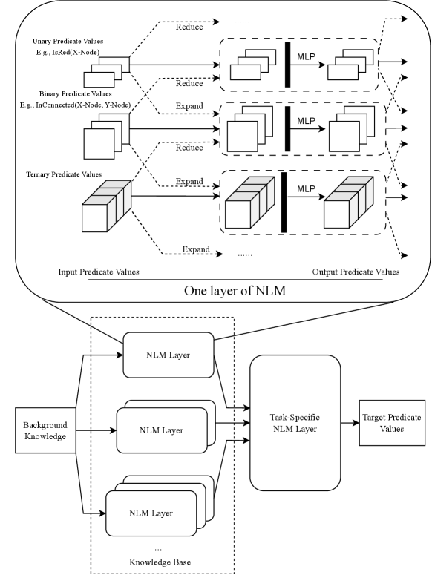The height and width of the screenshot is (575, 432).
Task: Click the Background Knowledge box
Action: click(45, 430)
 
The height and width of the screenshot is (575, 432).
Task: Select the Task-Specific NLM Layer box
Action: click(295, 423)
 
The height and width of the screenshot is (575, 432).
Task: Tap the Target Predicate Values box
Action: click(392, 423)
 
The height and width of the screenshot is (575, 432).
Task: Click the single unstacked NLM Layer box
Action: click(168, 355)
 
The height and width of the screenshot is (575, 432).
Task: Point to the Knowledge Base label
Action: click(160, 562)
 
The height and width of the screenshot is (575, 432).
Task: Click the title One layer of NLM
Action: click(235, 291)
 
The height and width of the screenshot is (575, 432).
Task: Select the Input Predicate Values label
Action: click(99, 272)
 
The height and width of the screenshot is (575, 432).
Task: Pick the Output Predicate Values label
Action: click(356, 272)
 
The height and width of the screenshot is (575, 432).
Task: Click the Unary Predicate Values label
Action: click(68, 41)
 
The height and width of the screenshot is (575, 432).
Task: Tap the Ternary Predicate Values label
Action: click(64, 174)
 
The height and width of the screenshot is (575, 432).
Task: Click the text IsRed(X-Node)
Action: click(76, 53)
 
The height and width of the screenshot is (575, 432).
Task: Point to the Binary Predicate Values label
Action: click(75, 94)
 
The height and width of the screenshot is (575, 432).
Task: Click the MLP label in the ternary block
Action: click(307, 189)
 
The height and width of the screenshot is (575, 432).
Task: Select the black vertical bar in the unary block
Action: click(287, 65)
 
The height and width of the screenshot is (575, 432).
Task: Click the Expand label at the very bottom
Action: click(196, 249)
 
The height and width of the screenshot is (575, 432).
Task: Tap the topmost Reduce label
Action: click(189, 27)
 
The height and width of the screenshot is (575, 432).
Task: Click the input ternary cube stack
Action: click(106, 206)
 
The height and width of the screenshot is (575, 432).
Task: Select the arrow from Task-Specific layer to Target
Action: click(350, 423)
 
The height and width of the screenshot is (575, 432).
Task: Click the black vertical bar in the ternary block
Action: click(284, 202)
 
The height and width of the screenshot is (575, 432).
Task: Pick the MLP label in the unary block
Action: click(307, 57)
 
